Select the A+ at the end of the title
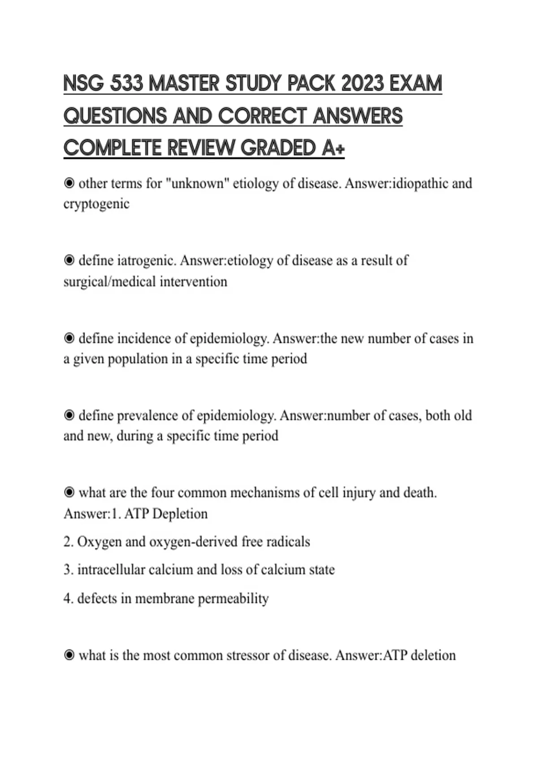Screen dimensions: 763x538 coord(333,148)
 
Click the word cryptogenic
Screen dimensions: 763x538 coord(96,204)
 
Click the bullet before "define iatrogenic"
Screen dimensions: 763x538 coord(69,261)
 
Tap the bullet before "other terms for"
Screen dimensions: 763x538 coord(69,184)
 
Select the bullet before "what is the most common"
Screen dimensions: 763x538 coord(69,656)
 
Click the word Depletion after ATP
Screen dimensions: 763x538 coord(180,514)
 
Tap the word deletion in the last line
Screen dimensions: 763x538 coord(433,656)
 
